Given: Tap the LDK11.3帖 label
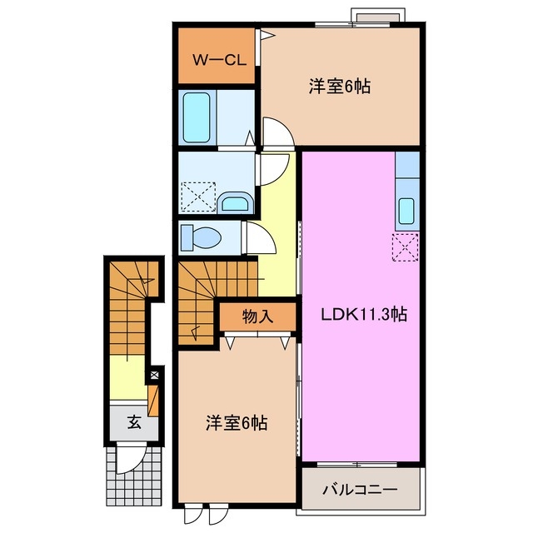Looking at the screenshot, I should tap(364, 315).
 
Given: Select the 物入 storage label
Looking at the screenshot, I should tap(257, 317).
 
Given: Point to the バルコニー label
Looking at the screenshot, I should tap(360, 490).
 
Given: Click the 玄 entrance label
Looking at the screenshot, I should tap(133, 422).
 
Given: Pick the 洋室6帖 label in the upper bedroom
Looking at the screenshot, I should tap(339, 87).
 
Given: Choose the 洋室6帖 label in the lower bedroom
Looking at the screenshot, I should tap(237, 423).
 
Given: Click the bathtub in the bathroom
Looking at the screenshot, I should tap(197, 117).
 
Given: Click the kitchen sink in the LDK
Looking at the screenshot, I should tap(406, 212).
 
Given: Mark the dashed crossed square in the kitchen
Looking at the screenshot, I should tap(405, 247).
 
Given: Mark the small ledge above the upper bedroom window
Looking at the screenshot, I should tap(379, 16).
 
